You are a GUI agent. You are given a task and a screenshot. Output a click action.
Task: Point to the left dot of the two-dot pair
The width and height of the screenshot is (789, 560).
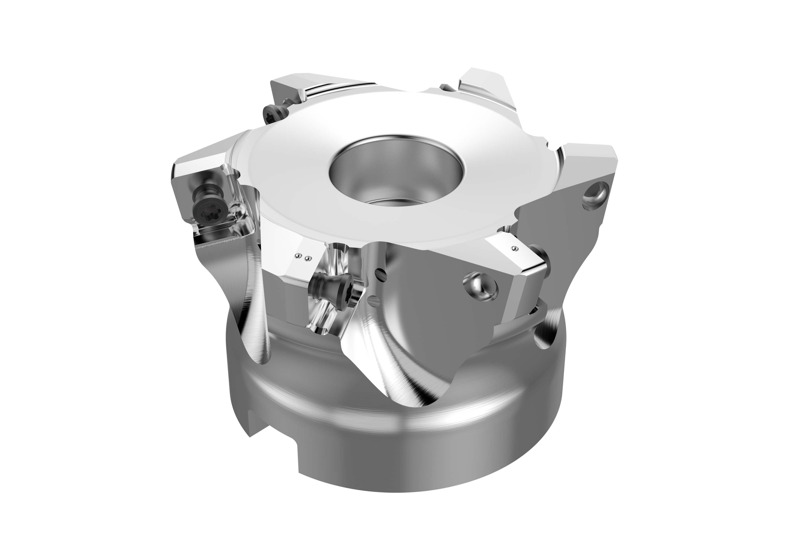[x=297, y=255]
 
